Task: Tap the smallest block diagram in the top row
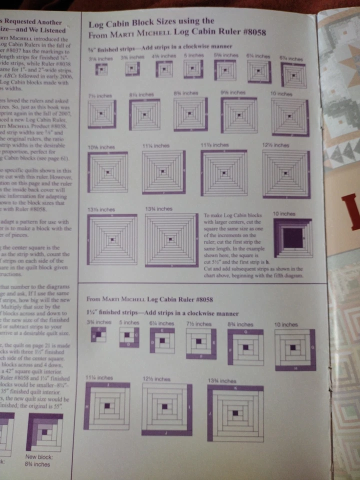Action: coord(102,70)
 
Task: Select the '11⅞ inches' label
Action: coord(214,145)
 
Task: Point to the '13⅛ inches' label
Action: coord(100,209)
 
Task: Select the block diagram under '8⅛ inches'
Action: coord(144,114)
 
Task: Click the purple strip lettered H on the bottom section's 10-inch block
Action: coord(295,368)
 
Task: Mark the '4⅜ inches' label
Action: coord(160,56)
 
